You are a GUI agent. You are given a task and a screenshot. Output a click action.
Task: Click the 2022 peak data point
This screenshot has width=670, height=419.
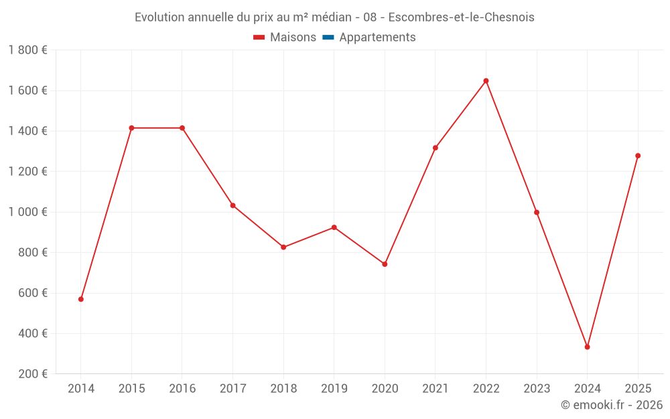click(x=486, y=81)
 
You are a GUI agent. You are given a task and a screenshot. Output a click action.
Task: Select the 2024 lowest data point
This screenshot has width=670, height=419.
click(x=587, y=347)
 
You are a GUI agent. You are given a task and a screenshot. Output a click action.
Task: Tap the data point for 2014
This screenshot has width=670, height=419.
click(x=81, y=299)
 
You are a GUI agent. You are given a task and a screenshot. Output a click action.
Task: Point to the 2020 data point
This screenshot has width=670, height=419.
click(x=385, y=264)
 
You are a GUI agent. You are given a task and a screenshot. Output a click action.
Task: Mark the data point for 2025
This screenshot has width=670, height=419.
click(x=638, y=156)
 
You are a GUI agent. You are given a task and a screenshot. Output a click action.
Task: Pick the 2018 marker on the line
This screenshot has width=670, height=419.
click(x=283, y=247)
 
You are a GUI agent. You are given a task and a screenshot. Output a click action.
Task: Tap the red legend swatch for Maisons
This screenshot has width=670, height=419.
click(x=259, y=38)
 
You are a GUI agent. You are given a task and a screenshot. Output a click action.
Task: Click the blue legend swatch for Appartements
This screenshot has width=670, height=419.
click(x=328, y=38)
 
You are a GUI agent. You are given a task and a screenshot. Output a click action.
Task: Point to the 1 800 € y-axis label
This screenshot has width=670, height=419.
click(x=27, y=50)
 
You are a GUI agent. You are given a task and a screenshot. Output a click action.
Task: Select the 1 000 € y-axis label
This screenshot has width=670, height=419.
click(x=27, y=212)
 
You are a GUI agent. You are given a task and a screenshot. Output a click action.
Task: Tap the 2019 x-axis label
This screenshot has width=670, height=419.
click(x=334, y=389)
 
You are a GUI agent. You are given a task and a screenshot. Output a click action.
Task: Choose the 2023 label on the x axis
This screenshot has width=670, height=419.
click(x=537, y=389)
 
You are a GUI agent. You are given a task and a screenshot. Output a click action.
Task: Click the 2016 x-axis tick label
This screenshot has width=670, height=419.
click(x=182, y=389)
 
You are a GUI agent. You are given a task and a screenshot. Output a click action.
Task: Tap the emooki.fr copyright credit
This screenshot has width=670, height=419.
click(x=612, y=405)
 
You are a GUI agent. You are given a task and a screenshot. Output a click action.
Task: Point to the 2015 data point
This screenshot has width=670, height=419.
click(x=131, y=128)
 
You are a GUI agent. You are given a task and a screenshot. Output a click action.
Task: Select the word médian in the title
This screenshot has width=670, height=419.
click(x=330, y=17)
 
